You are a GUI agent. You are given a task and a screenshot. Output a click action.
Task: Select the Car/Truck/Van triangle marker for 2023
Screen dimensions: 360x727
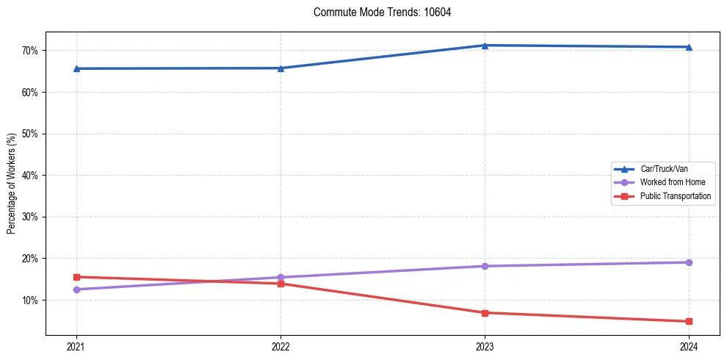[485, 46]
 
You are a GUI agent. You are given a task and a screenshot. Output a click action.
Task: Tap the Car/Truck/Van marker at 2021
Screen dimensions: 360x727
[76, 69]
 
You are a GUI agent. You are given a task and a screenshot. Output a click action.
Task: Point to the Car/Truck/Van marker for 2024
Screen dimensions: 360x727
[689, 47]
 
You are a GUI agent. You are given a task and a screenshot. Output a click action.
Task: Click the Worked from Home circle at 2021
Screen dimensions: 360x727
[76, 289]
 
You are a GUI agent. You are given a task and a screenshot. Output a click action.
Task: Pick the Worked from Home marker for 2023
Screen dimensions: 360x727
[485, 266]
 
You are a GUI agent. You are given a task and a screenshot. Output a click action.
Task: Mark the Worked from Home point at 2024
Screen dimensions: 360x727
[689, 262]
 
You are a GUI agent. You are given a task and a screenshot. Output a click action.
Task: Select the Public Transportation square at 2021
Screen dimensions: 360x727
[76, 277]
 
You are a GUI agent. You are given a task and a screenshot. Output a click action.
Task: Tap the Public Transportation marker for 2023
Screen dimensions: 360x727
[485, 313]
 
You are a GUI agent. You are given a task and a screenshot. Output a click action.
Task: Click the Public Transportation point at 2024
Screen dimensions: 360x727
[689, 321]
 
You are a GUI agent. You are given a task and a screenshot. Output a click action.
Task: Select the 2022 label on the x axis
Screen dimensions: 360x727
[281, 345]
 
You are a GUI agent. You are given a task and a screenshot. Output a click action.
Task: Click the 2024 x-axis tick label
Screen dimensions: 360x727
[689, 345]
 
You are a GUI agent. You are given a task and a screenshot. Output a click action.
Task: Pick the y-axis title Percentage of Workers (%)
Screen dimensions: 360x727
[11, 184]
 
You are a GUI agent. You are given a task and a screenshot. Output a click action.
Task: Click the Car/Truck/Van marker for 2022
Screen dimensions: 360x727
[281, 68]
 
